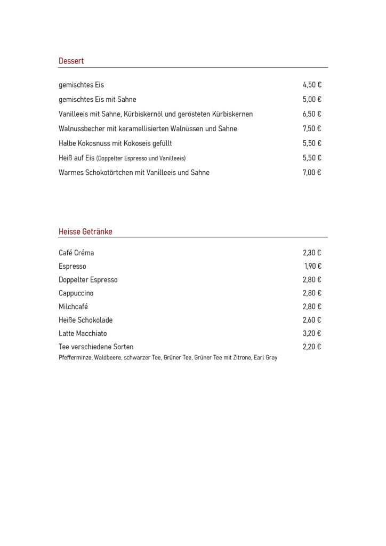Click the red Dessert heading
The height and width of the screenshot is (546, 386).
(x=71, y=61)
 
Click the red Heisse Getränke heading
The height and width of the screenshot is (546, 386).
(x=85, y=231)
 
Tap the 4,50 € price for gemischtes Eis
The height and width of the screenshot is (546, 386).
(x=311, y=85)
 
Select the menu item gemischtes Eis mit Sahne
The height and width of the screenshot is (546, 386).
(x=98, y=99)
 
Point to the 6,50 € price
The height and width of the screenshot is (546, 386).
(x=311, y=114)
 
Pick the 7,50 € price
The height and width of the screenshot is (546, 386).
(x=311, y=129)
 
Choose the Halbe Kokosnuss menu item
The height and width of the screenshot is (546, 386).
(x=115, y=143)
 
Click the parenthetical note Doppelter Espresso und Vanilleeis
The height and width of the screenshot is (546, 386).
(x=141, y=158)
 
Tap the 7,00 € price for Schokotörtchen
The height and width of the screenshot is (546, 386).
(x=311, y=173)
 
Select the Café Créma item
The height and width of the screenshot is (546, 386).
(x=76, y=253)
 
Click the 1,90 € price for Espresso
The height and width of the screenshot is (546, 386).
(x=312, y=266)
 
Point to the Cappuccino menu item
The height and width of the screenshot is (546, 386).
(x=76, y=293)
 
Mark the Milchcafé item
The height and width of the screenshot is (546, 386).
(x=74, y=307)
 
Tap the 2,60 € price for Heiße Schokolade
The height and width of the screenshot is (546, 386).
(x=311, y=320)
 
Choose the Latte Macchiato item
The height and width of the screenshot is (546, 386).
(x=83, y=333)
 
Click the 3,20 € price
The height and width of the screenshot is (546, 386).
(x=311, y=333)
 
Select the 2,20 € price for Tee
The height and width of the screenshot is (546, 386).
(x=311, y=347)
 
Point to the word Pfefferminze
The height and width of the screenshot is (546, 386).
(x=75, y=358)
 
